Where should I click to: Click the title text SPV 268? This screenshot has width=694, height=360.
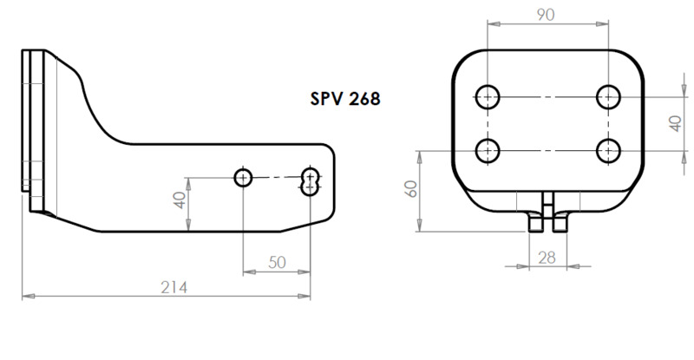(344, 98)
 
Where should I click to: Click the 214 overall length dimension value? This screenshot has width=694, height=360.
(174, 287)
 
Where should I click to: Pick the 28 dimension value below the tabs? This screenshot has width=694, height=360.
(547, 258)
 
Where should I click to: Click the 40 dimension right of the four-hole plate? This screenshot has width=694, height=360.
(675, 123)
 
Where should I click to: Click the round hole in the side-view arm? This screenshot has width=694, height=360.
(243, 178)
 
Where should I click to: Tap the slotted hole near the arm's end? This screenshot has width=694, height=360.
(311, 182)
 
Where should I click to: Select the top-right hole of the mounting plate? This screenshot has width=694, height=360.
(608, 95)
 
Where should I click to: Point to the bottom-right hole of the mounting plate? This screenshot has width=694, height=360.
(608, 151)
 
